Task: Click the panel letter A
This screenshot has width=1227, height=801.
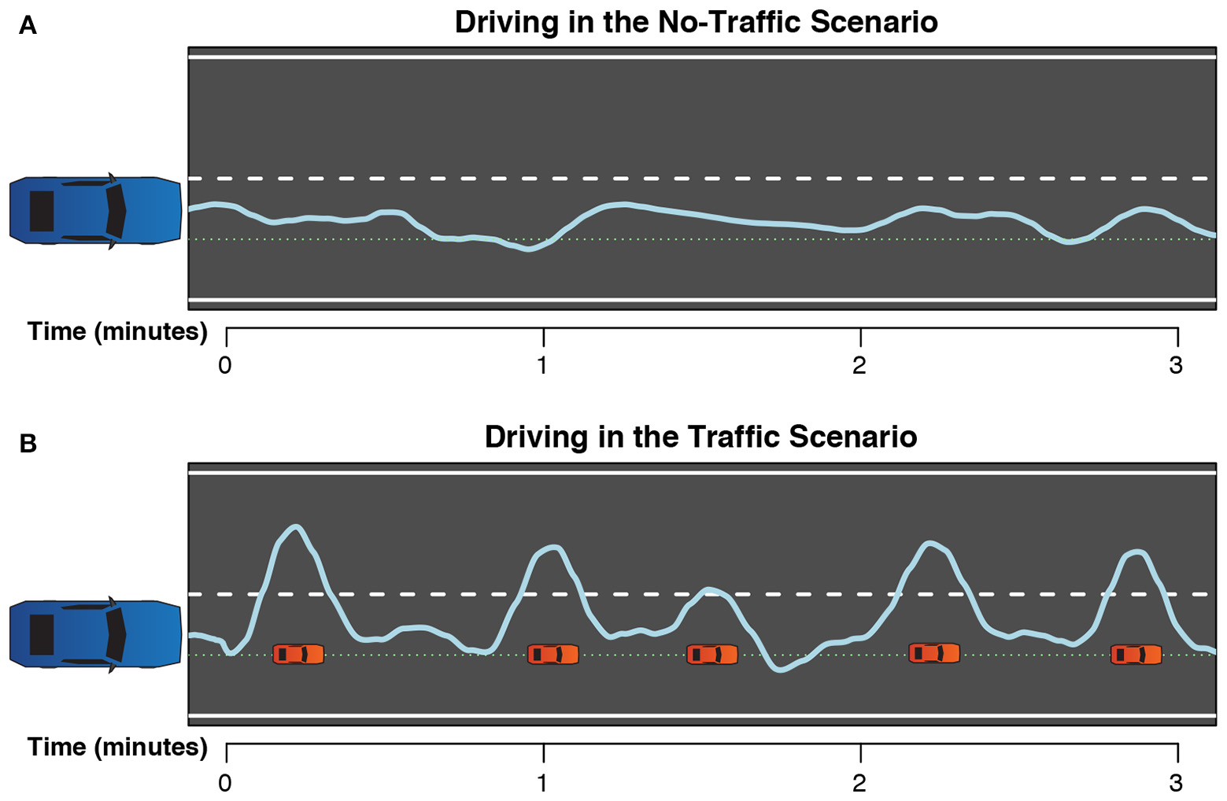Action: click(x=28, y=27)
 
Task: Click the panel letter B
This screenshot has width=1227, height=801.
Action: click(x=28, y=444)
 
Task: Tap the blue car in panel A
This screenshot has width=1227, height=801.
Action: click(x=95, y=210)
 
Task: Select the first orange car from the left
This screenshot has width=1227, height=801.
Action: click(x=298, y=654)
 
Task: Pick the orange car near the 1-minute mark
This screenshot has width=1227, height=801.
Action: click(x=553, y=654)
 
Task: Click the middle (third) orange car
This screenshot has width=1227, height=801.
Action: click(x=712, y=654)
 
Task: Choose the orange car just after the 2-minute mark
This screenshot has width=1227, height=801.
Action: click(x=934, y=653)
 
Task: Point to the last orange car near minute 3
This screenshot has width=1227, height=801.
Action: click(x=1136, y=654)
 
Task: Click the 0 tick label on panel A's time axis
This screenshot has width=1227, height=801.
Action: click(x=225, y=366)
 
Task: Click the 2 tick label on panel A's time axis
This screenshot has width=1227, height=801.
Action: click(x=859, y=366)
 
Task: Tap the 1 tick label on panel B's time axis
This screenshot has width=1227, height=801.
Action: click(x=542, y=783)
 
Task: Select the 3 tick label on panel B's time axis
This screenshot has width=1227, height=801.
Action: click(x=1176, y=783)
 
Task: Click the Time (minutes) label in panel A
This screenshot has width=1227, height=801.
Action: click(x=117, y=331)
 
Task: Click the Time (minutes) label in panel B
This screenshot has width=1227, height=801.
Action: click(x=117, y=747)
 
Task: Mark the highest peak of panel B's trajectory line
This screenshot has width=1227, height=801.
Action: click(x=296, y=526)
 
